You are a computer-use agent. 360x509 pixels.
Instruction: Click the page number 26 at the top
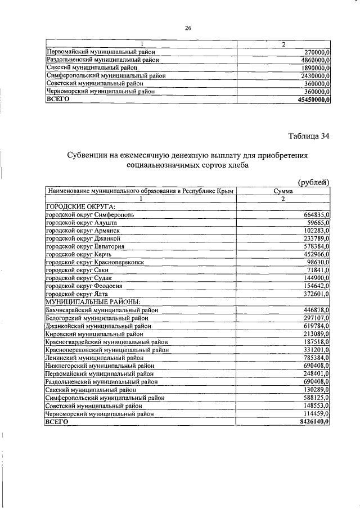(188, 28)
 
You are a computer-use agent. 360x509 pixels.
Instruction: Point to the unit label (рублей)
(313, 181)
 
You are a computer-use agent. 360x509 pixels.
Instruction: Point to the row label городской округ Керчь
(79, 254)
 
